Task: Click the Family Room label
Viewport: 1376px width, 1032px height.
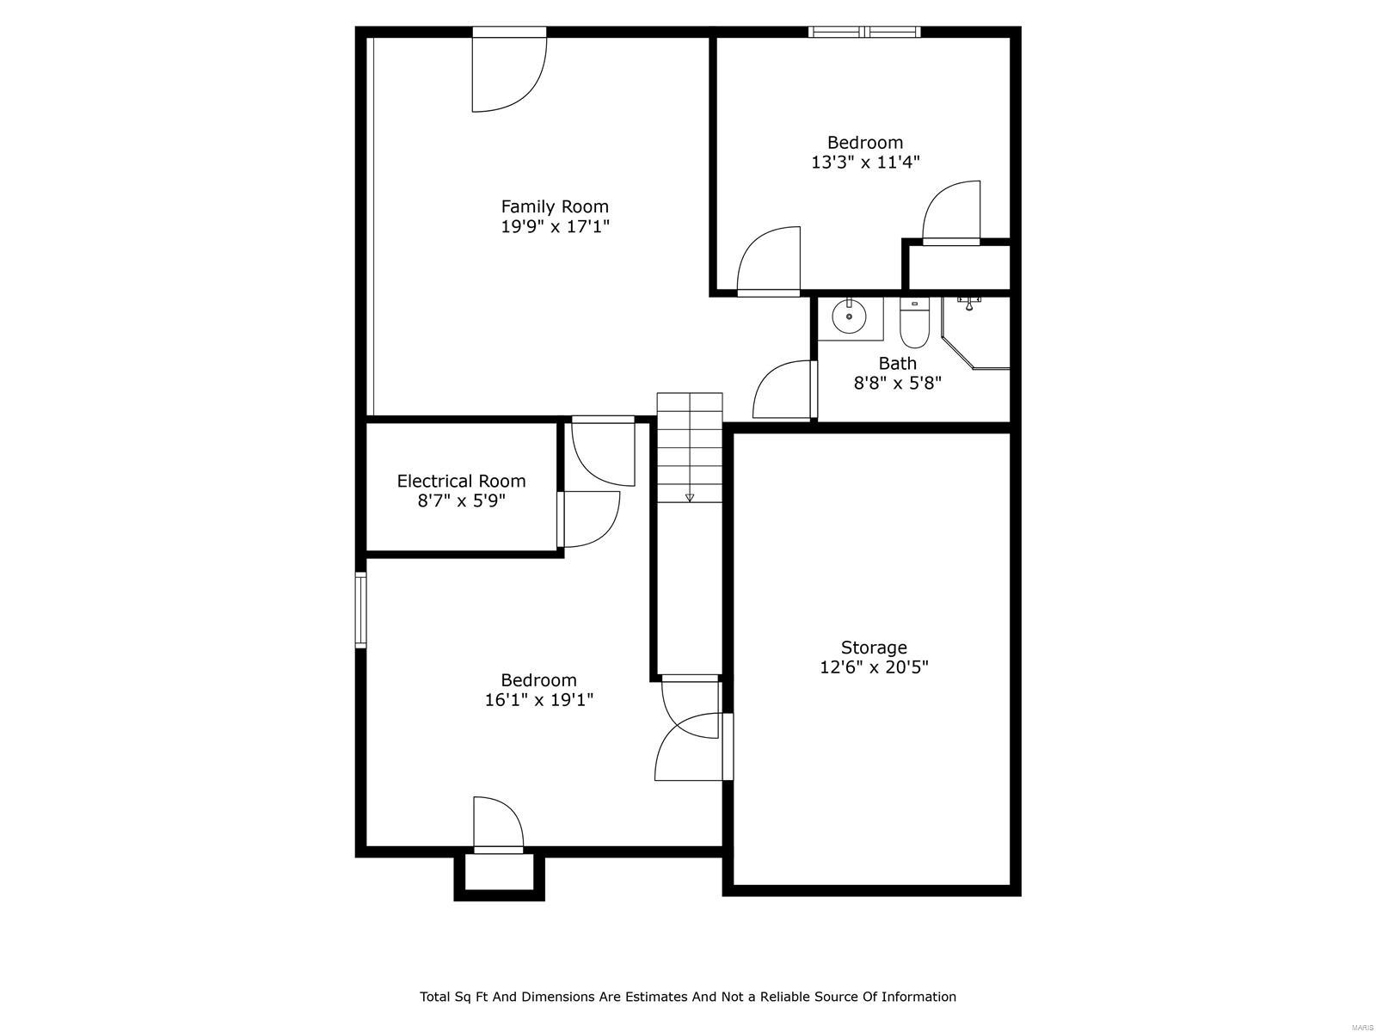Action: pyautogui.click(x=554, y=206)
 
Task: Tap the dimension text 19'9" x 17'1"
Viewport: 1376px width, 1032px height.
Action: pyautogui.click(x=555, y=226)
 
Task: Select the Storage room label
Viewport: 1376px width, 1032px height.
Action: pyautogui.click(x=874, y=648)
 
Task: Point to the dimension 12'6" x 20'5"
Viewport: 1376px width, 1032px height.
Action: pyautogui.click(x=874, y=667)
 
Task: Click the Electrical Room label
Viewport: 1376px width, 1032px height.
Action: pyautogui.click(x=461, y=482)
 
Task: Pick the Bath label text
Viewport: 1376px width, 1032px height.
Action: pyautogui.click(x=897, y=363)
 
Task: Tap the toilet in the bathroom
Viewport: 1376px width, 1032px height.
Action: pyautogui.click(x=914, y=322)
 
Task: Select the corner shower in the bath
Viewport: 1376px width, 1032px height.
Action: pyautogui.click(x=975, y=333)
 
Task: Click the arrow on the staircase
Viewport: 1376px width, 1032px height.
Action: pyautogui.click(x=690, y=498)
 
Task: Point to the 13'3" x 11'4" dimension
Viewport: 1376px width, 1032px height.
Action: pyautogui.click(x=865, y=163)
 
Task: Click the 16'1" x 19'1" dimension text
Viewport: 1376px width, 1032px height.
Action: pyautogui.click(x=538, y=699)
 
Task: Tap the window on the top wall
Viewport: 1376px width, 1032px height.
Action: pyautogui.click(x=863, y=32)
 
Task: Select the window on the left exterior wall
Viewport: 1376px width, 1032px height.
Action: pyautogui.click(x=360, y=609)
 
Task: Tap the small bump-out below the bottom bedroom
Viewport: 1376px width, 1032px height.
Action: pyautogui.click(x=499, y=876)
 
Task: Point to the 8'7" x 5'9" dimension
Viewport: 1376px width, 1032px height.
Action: pyautogui.click(x=461, y=501)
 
